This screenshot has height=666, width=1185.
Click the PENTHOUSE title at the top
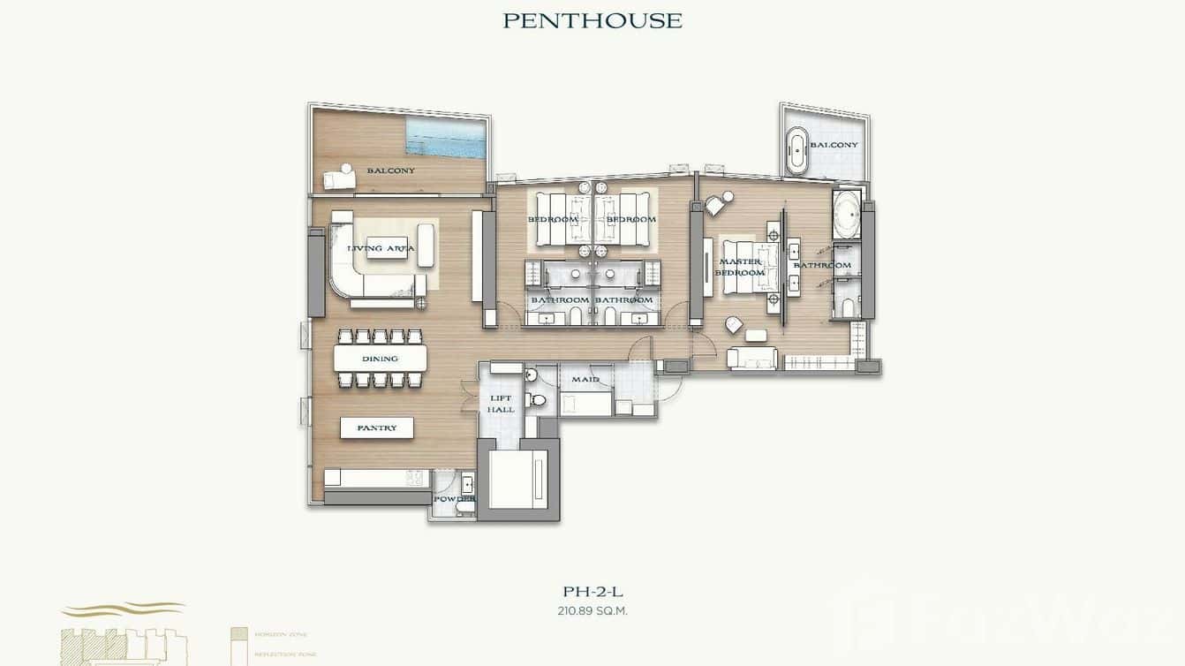592,20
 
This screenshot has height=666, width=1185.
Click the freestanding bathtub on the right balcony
797,151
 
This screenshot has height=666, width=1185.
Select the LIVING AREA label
381,248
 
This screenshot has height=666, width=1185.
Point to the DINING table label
380,359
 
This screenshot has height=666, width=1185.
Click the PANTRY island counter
377,428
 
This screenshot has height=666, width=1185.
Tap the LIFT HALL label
501,404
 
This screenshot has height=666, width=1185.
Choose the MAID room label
585,380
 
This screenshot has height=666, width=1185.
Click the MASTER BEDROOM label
741,267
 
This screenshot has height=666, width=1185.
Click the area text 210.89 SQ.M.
592,610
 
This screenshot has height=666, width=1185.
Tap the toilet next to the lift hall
536,400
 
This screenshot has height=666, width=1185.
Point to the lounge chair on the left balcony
339,178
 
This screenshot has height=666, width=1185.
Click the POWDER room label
453,498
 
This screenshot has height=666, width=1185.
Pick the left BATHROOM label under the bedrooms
558,300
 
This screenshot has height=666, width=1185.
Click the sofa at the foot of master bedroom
751,358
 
